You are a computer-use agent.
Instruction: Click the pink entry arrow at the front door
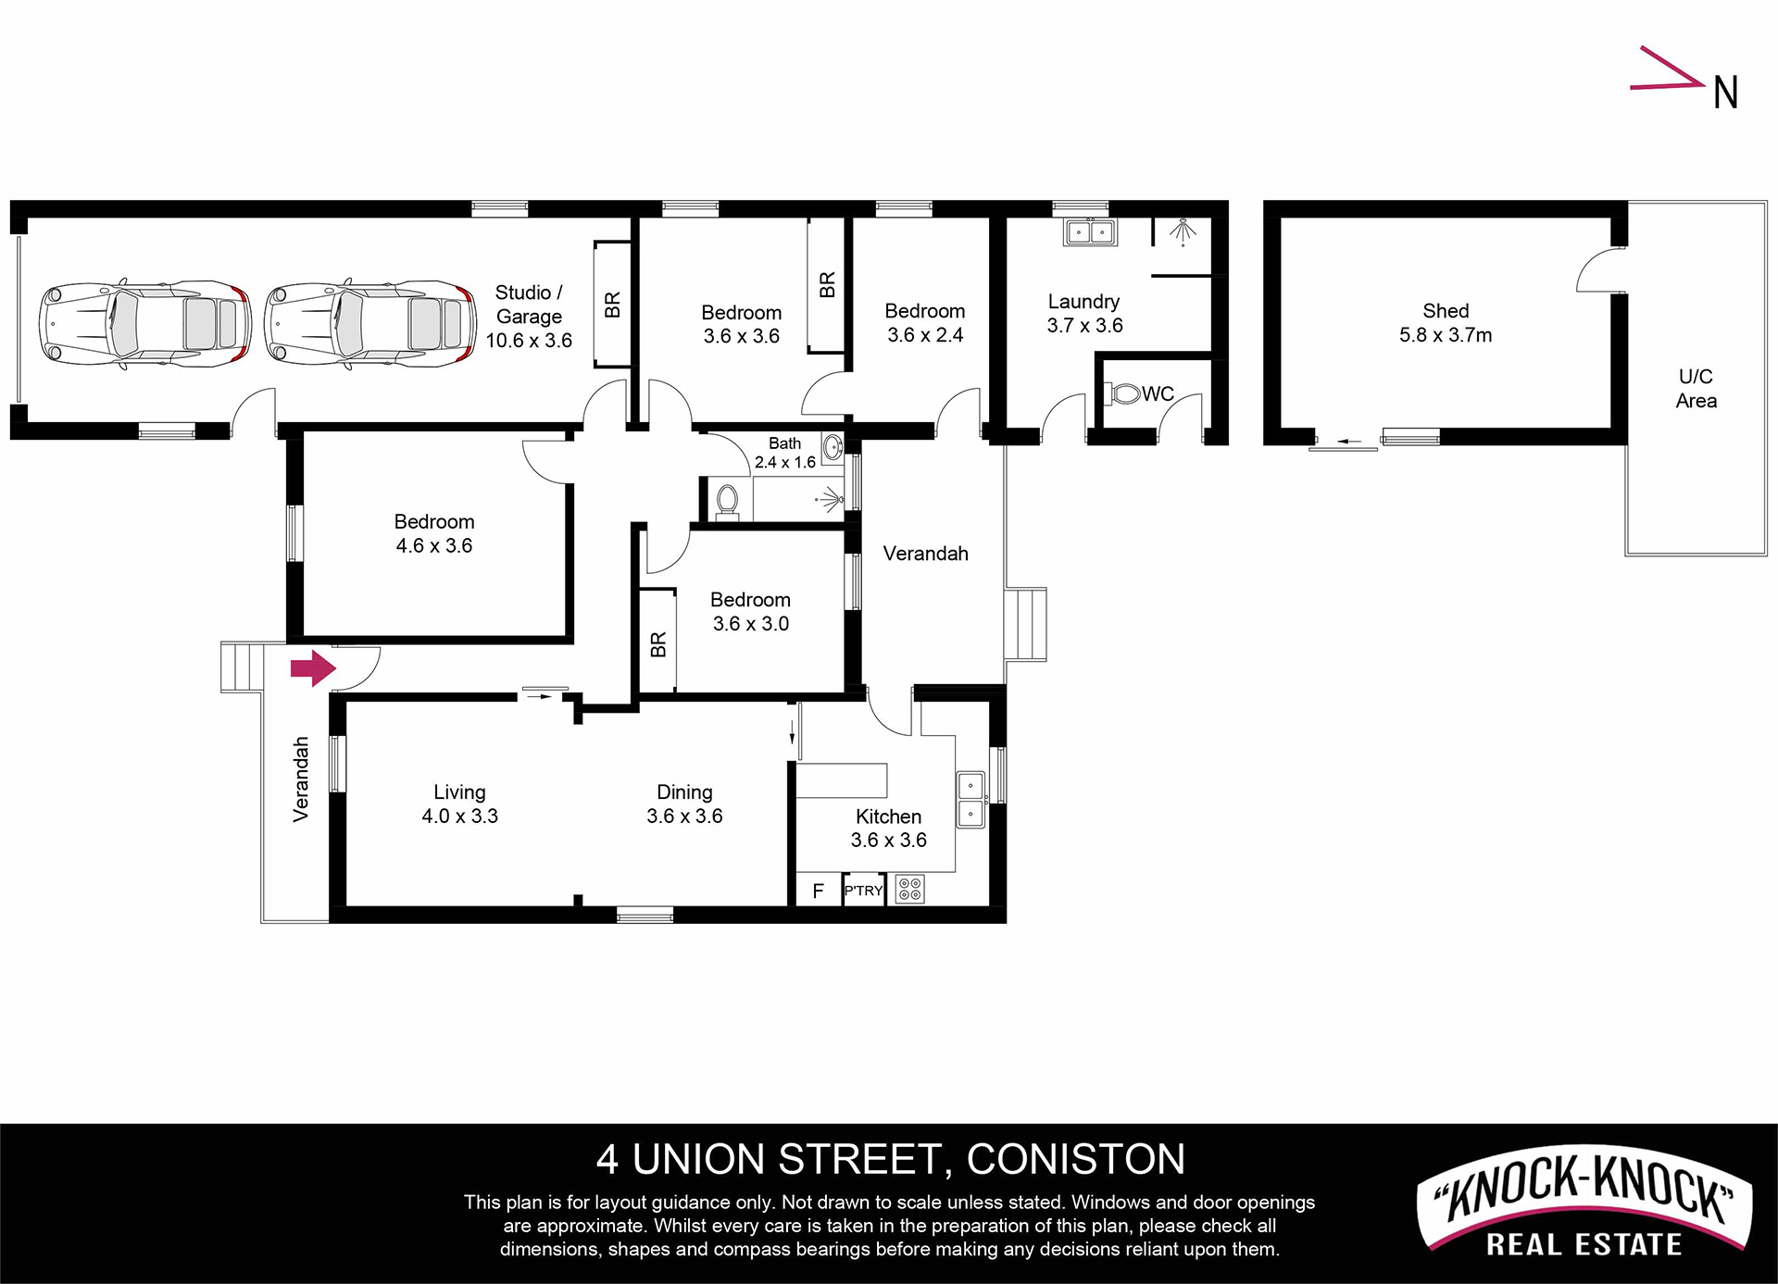pyautogui.click(x=313, y=667)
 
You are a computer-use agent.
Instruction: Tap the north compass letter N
pyautogui.click(x=1725, y=93)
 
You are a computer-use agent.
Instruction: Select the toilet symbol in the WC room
pyautogui.click(x=1122, y=394)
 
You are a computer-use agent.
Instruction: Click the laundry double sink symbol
pyautogui.click(x=1090, y=231)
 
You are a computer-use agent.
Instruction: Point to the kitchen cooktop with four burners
pyautogui.click(x=910, y=890)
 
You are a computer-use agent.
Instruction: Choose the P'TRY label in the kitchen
pyautogui.click(x=864, y=891)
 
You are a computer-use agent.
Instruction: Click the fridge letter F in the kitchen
pyautogui.click(x=818, y=891)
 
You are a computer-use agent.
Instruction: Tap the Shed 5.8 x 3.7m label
pyautogui.click(x=1446, y=323)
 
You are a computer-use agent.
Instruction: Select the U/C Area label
pyautogui.click(x=1696, y=389)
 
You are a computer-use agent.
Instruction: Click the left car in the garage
pyautogui.click(x=144, y=325)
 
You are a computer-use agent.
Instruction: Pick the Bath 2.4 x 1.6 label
pyautogui.click(x=785, y=453)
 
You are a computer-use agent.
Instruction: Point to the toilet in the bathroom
pyautogui.click(x=727, y=501)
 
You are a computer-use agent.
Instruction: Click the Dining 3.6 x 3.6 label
pyautogui.click(x=684, y=804)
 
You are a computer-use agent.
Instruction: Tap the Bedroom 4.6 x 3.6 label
pyautogui.click(x=434, y=534)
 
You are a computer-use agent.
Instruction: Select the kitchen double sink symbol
pyautogui.click(x=970, y=800)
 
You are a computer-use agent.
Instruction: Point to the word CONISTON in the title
pyautogui.click(x=1076, y=1159)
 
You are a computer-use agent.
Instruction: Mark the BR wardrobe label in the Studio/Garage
pyautogui.click(x=612, y=305)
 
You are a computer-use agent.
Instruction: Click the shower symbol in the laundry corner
pyautogui.click(x=1182, y=231)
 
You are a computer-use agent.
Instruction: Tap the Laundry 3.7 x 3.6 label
pyautogui.click(x=1084, y=314)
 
